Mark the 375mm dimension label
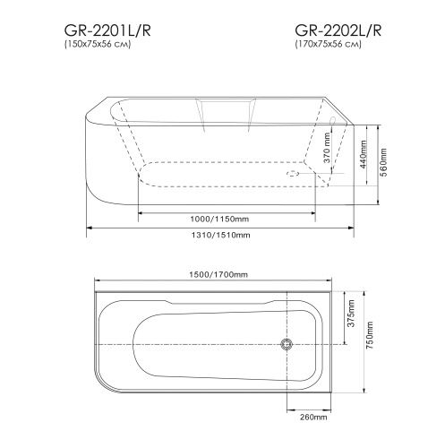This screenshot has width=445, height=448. point(352,316)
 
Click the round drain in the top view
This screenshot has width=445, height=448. point(287,345)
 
